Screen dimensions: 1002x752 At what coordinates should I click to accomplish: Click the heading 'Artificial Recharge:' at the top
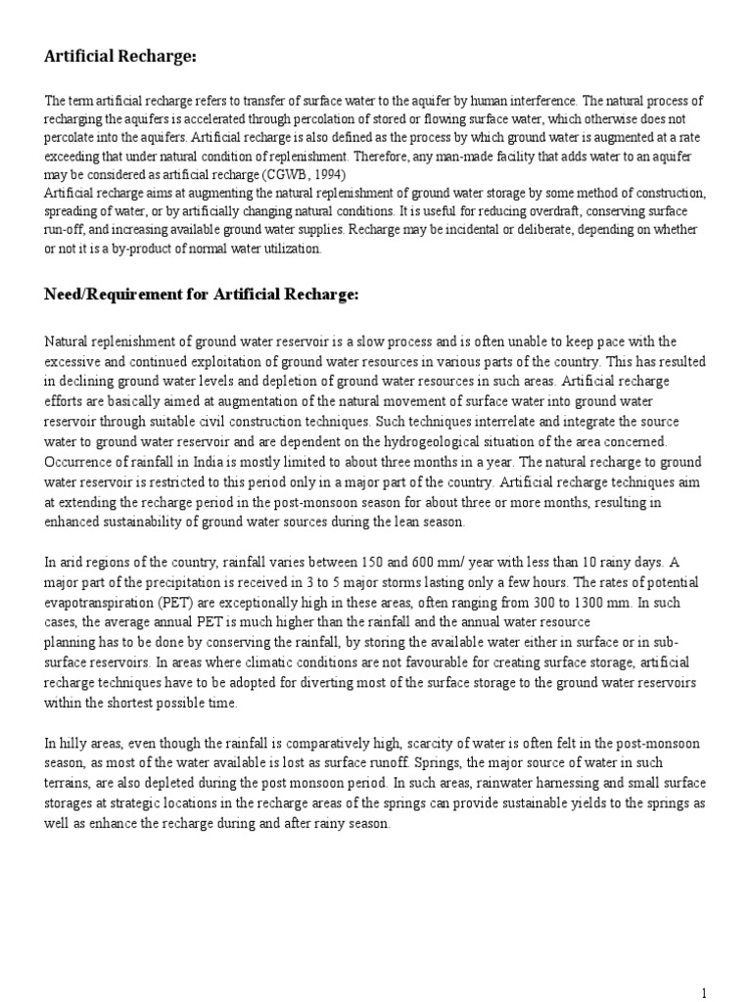pos(120,58)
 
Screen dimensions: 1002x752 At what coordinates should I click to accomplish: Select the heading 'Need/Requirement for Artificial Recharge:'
pos(202,295)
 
